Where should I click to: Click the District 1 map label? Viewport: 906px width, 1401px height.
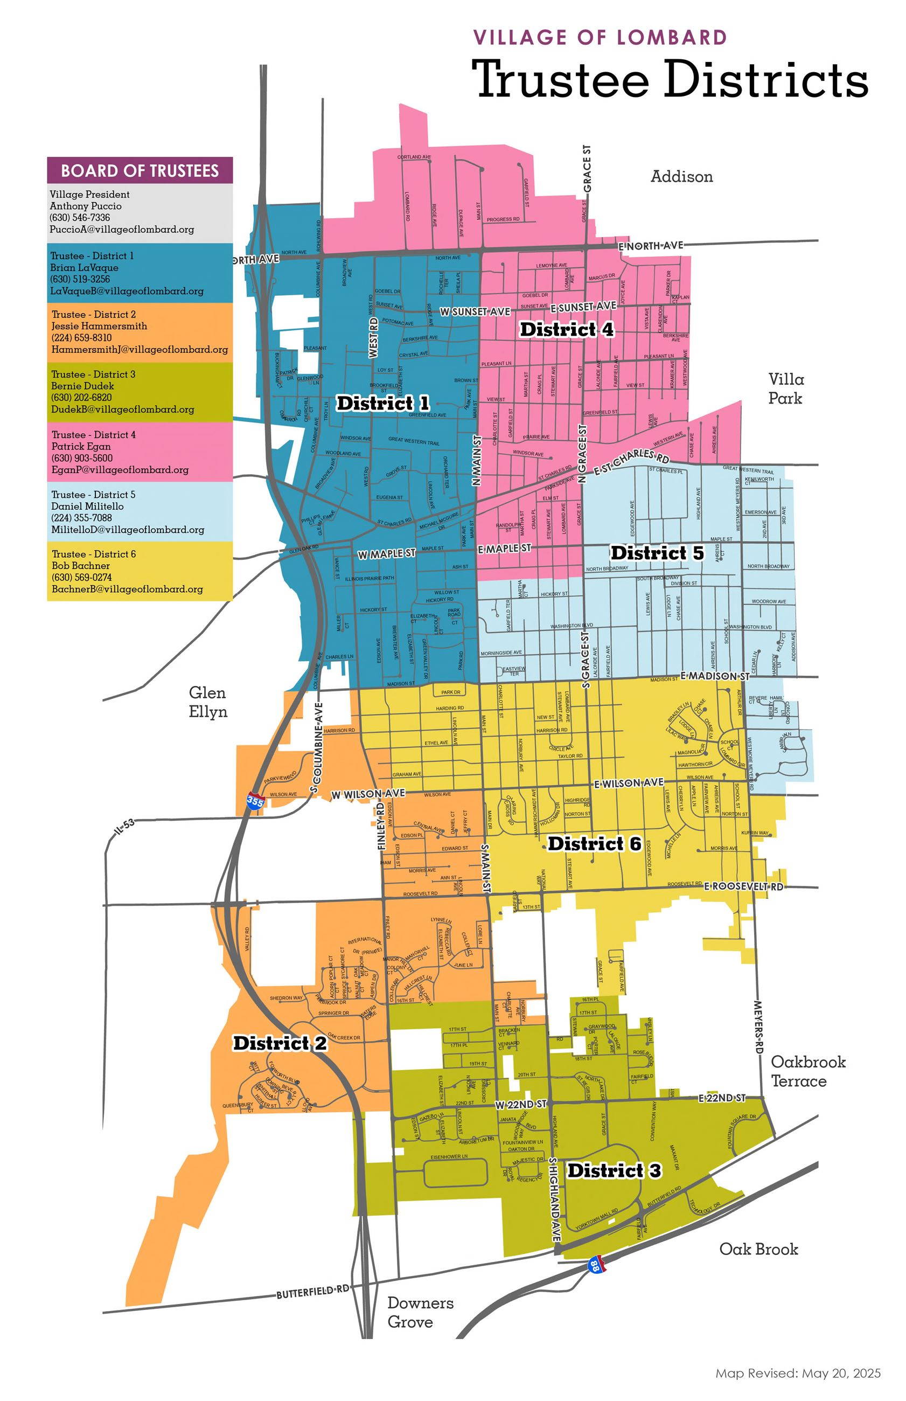[382, 403]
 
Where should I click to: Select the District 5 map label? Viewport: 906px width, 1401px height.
[657, 552]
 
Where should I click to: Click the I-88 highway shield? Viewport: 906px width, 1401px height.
[595, 1265]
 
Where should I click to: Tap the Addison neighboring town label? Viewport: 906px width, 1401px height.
[681, 177]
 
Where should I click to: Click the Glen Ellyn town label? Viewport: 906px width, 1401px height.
[208, 702]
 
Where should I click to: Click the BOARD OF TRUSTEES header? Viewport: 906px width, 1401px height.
[140, 171]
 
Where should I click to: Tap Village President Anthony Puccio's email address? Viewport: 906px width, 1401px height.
[122, 230]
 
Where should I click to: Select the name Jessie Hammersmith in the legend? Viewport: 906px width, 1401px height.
[99, 326]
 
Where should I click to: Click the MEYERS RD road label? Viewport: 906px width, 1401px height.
[758, 1027]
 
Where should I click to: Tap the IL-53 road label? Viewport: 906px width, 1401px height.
[124, 827]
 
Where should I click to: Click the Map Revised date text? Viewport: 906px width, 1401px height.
[798, 1374]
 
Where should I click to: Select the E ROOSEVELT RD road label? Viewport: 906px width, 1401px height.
[744, 887]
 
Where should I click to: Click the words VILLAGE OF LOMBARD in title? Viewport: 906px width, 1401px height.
[600, 38]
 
